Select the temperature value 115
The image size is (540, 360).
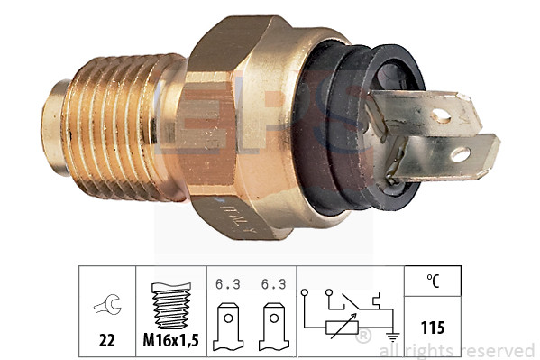click(x=434, y=325)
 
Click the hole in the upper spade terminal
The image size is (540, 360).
click(x=441, y=115)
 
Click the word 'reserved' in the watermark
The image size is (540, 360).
click(x=496, y=350)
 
